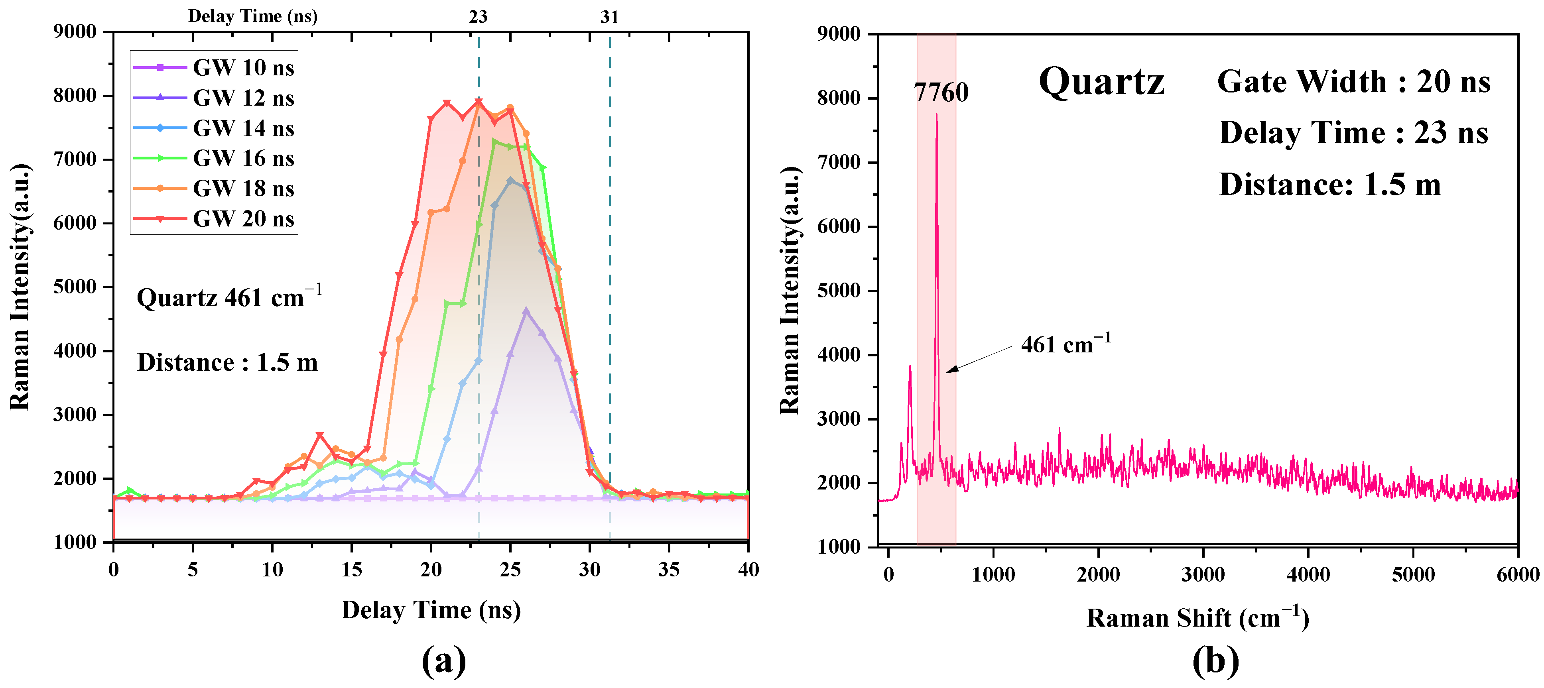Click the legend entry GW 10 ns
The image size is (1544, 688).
(x=243, y=68)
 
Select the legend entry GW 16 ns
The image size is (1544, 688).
(x=243, y=158)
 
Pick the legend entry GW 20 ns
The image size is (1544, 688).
(x=243, y=219)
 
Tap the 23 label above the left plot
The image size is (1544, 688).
(x=478, y=17)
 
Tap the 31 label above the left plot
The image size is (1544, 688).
(x=610, y=17)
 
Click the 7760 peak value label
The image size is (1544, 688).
(x=941, y=92)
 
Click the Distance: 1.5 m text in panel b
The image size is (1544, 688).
(x=1329, y=184)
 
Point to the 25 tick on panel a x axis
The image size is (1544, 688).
(x=510, y=569)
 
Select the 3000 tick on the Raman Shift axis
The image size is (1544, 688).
(x=1203, y=574)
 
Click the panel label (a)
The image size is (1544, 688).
(x=443, y=661)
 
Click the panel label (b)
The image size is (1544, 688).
(x=1215, y=661)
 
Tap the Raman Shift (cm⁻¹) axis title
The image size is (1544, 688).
(x=1197, y=618)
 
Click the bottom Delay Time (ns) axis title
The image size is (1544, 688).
(x=431, y=610)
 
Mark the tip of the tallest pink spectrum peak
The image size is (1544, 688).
(x=936, y=114)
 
